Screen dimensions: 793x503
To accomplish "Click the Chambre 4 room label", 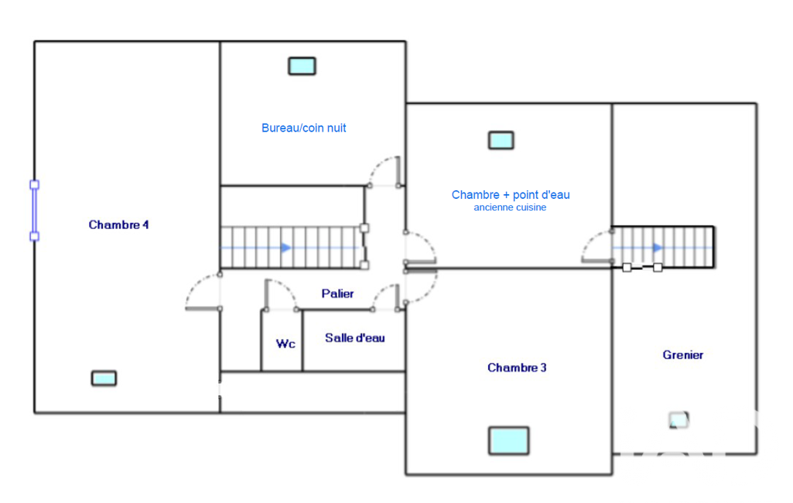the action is coord(118,224).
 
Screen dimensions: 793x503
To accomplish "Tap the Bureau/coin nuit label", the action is coord(303,128).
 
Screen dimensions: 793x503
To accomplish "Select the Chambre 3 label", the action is coord(517,368).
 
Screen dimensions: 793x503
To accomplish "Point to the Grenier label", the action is coord(682,354).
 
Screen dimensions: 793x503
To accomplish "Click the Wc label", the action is coord(285,344).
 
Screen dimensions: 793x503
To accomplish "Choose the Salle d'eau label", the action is coord(354,337).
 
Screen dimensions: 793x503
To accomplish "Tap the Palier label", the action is coord(337,293).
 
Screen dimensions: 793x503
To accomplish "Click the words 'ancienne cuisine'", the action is coord(510,207).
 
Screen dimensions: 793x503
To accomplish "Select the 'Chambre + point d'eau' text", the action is coord(511,195).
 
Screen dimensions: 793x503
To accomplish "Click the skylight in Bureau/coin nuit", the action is coord(302,67).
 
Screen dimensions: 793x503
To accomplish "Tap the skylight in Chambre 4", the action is coord(104,378).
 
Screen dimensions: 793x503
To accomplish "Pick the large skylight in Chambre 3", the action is coord(509,441).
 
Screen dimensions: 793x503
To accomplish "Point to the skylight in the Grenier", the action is coord(678,419).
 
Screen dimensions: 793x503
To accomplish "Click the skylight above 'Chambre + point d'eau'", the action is coord(501,140).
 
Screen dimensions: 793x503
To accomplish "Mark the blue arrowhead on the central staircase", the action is coord(286,248).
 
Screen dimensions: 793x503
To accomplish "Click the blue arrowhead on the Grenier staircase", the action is coord(658,248).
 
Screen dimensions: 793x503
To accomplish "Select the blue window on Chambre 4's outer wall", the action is coord(34,210).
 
